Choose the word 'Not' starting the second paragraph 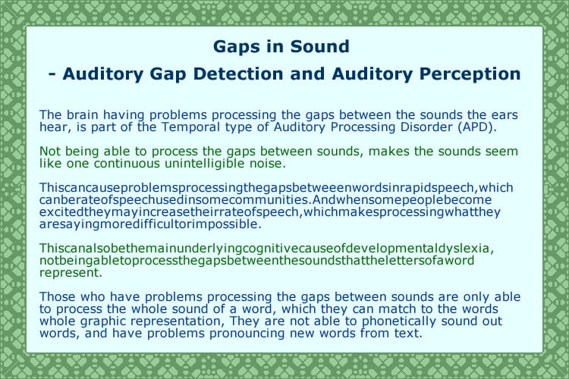tap(49, 150)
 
